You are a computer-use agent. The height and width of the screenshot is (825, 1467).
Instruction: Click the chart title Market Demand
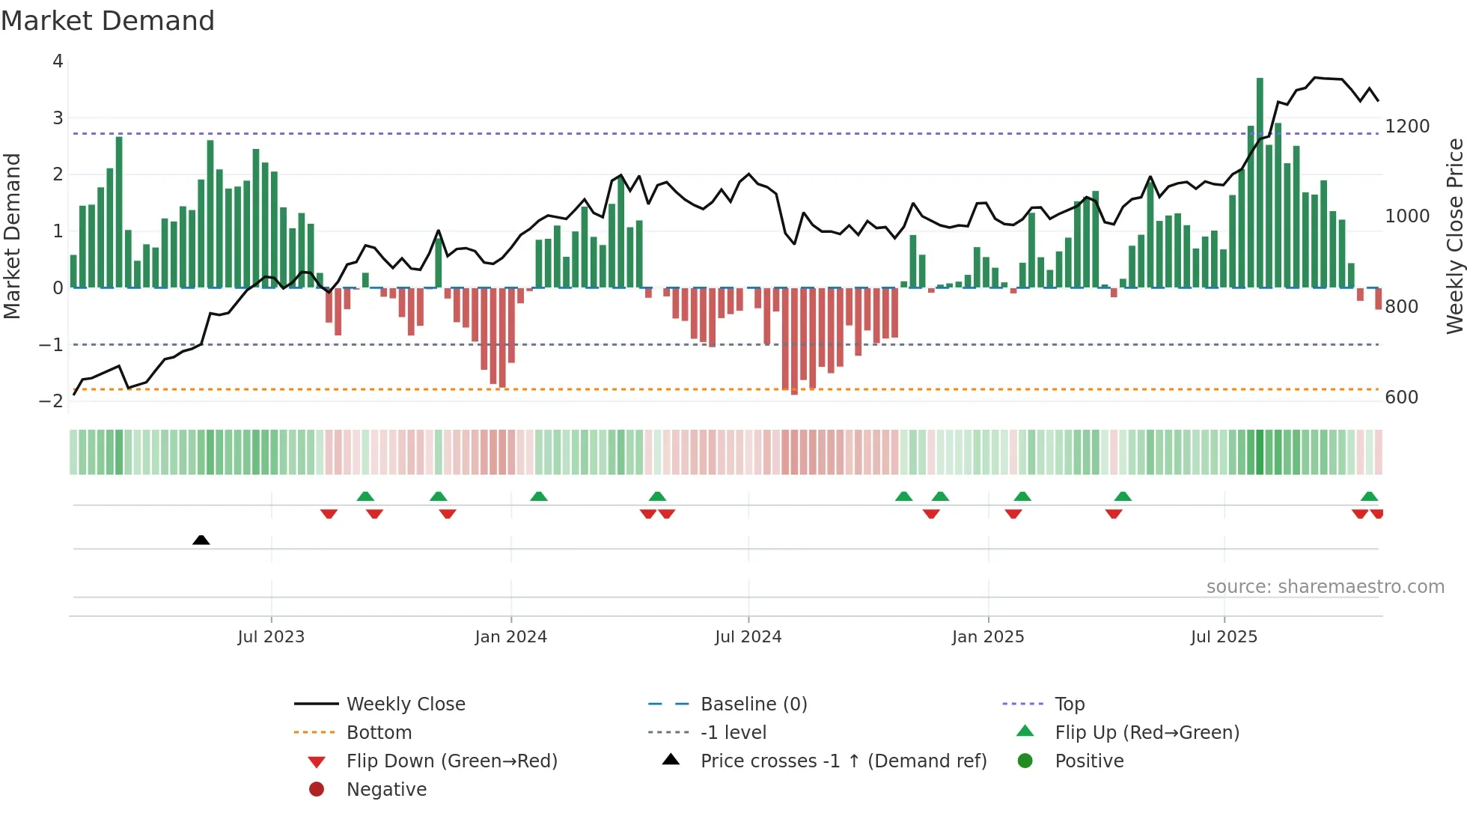point(108,21)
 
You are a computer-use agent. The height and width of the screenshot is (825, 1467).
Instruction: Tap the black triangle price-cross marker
point(201,540)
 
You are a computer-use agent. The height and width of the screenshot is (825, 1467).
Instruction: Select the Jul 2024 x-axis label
point(748,637)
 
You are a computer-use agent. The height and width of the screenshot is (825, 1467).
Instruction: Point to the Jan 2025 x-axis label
point(987,637)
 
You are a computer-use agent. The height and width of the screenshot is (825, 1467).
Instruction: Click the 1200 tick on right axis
point(1406,127)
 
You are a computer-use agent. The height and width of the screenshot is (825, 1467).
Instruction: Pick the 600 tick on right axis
point(1401,398)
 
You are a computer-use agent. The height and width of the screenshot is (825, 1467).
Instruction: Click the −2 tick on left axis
point(51,401)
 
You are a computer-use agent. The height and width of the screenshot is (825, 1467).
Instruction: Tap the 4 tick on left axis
point(58,61)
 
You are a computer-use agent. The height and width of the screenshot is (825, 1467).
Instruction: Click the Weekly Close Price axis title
point(1454,236)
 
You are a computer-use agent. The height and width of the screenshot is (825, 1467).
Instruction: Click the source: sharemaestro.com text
point(1325,587)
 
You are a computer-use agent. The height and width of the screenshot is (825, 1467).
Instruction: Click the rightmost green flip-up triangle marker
point(1369,496)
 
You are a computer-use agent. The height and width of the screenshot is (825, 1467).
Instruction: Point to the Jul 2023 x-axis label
point(271,637)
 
